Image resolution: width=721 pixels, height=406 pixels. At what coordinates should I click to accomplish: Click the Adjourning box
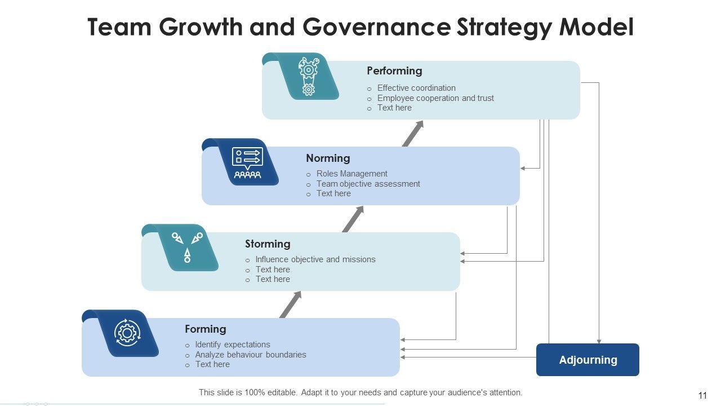[x=588, y=360]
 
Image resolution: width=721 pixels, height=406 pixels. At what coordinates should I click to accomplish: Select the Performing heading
[x=394, y=71]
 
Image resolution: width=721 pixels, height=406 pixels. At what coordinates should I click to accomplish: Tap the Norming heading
[x=328, y=158]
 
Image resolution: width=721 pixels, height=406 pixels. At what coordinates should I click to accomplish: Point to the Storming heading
[x=268, y=244]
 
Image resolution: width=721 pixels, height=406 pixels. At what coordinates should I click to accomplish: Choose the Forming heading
[x=206, y=329]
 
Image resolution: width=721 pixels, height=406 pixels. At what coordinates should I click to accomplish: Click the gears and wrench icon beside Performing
[x=308, y=76]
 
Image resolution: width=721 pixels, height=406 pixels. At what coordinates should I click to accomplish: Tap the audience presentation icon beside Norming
[x=247, y=163]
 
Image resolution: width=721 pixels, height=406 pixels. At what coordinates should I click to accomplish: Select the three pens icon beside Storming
[x=187, y=247]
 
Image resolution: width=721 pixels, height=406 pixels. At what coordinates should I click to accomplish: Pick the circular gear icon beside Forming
[x=127, y=333]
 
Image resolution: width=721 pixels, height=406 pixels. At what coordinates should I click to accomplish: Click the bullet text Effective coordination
[x=416, y=88]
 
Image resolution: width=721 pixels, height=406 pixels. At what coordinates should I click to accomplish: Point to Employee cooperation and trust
[x=435, y=98]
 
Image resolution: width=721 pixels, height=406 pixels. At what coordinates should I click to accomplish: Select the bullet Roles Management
[x=352, y=174]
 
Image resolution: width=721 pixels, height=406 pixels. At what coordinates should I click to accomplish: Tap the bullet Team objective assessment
[x=368, y=184]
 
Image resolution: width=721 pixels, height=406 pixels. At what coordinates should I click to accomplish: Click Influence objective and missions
[x=315, y=259]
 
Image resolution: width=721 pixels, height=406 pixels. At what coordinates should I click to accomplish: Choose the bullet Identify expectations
[x=233, y=345]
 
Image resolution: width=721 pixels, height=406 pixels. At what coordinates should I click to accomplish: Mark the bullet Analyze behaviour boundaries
[x=251, y=355]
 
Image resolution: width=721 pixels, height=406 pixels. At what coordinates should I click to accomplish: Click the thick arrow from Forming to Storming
[x=291, y=304]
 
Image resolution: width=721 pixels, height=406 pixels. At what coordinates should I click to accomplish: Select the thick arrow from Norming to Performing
[x=413, y=134]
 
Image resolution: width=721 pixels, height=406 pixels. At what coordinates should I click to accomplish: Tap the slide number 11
[x=702, y=395]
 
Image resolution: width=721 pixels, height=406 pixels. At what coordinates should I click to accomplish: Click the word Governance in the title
[x=376, y=27]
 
